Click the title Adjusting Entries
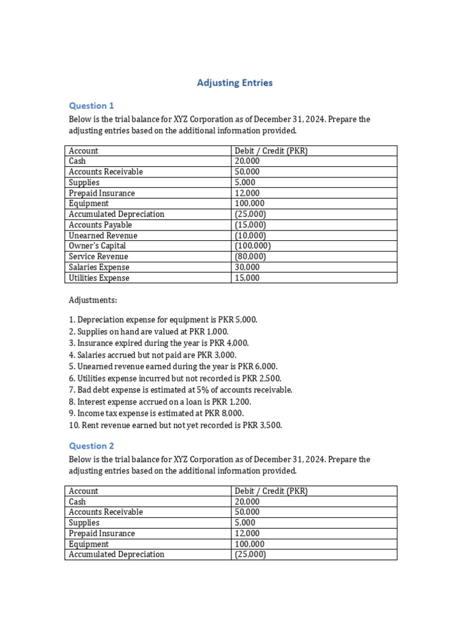pyautogui.click(x=234, y=83)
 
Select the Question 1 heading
pyautogui.click(x=91, y=106)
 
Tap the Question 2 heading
pyautogui.click(x=91, y=446)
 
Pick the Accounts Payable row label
pyautogui.click(x=100, y=225)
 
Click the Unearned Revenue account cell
pyautogui.click(x=103, y=235)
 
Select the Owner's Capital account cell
pyautogui.click(x=97, y=246)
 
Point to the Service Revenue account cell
pyautogui.click(x=99, y=257)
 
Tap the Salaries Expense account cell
pyautogui.click(x=99, y=267)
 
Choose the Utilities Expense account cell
pyautogui.click(x=99, y=278)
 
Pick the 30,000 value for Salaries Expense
pyautogui.click(x=247, y=267)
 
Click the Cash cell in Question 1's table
pyautogui.click(x=78, y=161)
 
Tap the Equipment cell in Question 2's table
pyautogui.click(x=89, y=544)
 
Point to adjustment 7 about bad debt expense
pyautogui.click(x=181, y=390)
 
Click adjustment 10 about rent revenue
pyautogui.click(x=175, y=425)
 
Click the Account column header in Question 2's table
pyautogui.click(x=83, y=491)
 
